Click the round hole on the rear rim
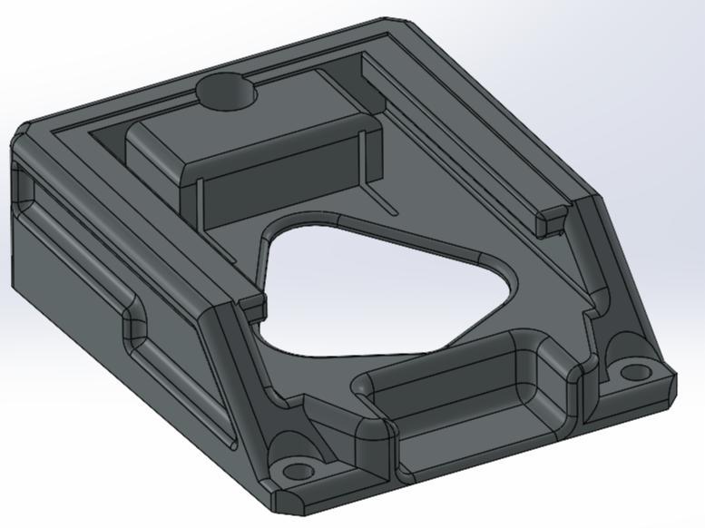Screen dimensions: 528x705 click(x=225, y=91)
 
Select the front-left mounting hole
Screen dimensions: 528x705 click(x=295, y=472)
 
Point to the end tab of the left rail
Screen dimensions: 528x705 click(x=254, y=300)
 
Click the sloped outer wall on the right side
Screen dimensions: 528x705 click(x=626, y=272)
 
